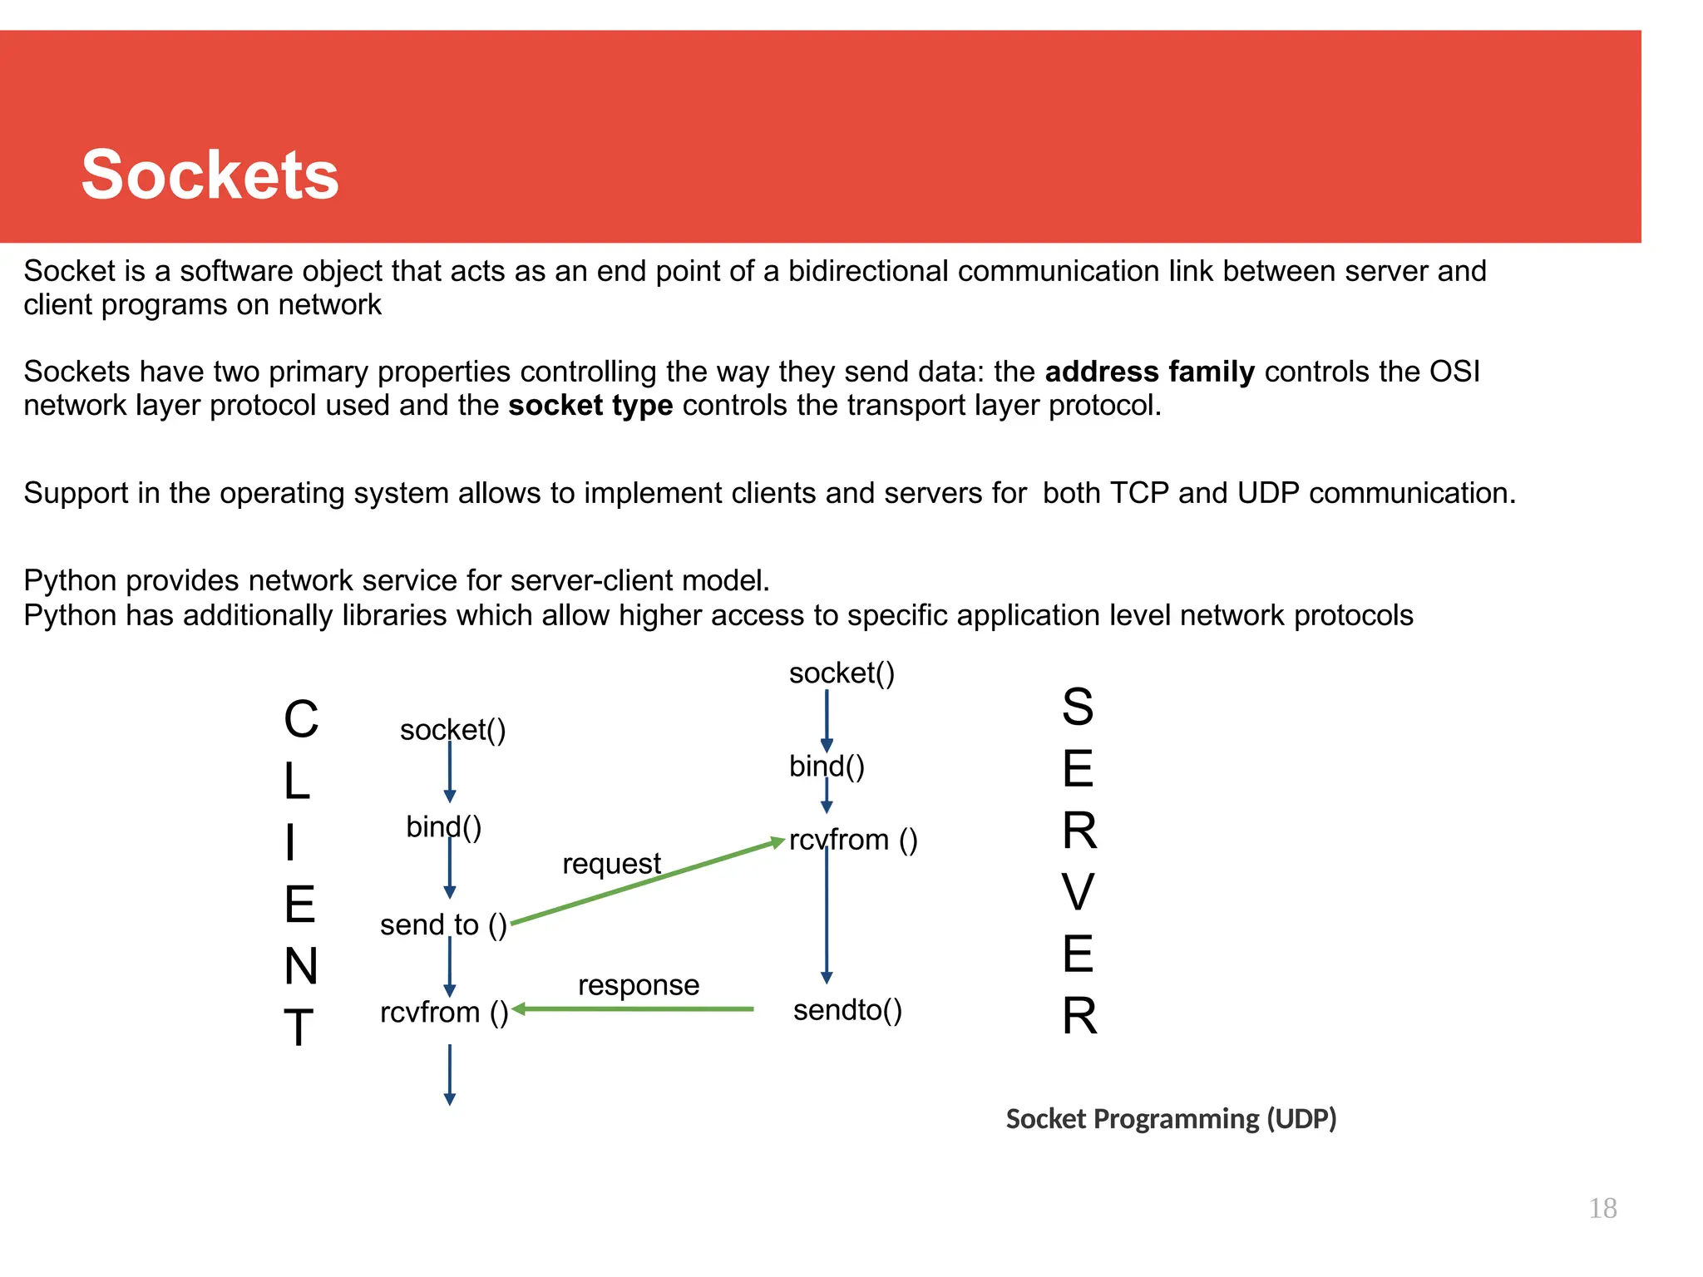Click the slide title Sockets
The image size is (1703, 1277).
coord(210,175)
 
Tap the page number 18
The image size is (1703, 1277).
coord(1602,1208)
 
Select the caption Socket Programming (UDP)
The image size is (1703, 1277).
coord(1171,1119)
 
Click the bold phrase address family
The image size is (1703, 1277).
coord(1149,372)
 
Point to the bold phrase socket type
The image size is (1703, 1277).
coord(590,406)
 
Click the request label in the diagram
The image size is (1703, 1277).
coord(611,864)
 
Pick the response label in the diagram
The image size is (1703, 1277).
coord(639,985)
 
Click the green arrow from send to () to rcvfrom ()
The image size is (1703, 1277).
coord(649,882)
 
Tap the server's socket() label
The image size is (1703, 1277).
coord(842,673)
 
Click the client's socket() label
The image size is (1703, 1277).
coord(452,730)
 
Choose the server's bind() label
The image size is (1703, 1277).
coord(827,766)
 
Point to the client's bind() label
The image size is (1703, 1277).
coord(443,827)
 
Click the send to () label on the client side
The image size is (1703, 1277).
coord(443,924)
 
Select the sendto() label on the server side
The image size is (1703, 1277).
coord(847,1010)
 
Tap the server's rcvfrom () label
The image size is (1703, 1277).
coord(853,840)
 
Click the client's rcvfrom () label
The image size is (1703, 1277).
coord(444,1013)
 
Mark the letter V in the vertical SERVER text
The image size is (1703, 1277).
coord(1078,892)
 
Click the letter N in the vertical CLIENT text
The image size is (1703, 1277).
coord(300,966)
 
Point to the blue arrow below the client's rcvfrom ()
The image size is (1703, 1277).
coord(450,1075)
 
